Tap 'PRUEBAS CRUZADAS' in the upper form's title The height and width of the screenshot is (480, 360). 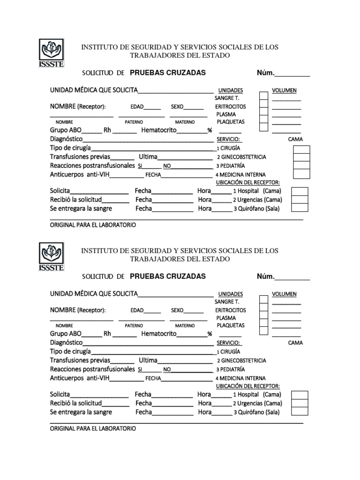point(167,73)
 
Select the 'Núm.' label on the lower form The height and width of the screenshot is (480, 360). point(265,277)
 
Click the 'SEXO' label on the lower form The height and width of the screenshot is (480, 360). point(177,310)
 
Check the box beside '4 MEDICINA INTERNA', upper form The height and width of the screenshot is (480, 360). point(301,174)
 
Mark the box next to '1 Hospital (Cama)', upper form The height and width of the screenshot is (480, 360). point(300,191)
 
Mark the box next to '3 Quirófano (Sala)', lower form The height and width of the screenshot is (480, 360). point(300,412)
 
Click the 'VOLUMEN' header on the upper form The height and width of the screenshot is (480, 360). point(284,90)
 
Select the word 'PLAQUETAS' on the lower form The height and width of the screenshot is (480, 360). point(231,325)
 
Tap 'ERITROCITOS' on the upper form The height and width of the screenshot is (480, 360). point(231,106)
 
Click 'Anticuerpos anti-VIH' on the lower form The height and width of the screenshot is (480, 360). point(80,378)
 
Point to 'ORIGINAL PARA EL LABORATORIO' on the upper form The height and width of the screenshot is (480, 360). point(93,225)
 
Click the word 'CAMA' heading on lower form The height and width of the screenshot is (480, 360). point(295,343)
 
